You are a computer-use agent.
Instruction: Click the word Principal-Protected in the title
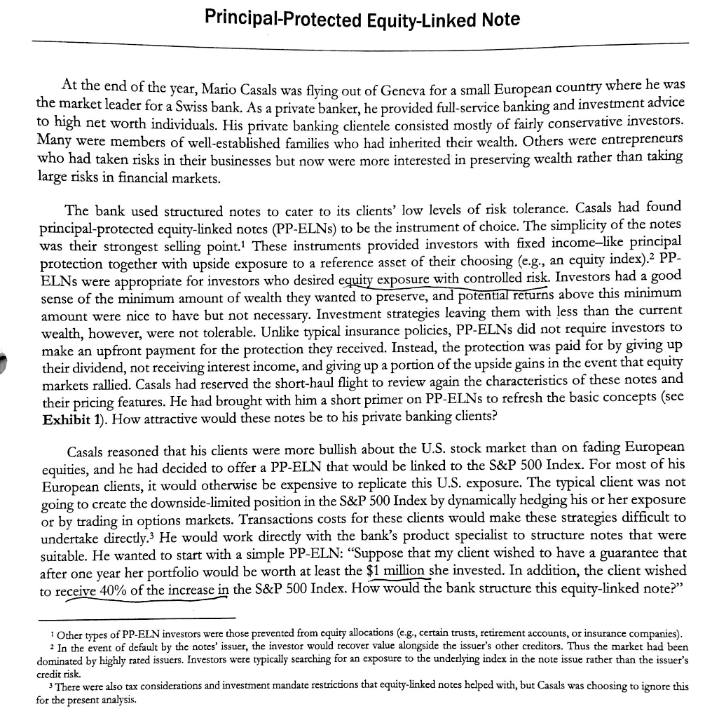click(272, 19)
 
